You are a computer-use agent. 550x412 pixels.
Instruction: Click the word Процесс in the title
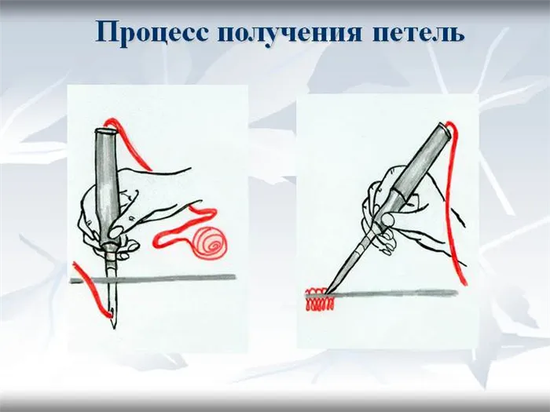click(x=152, y=33)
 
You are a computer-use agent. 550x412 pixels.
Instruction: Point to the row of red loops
click(x=320, y=300)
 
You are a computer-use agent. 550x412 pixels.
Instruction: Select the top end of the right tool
click(x=444, y=128)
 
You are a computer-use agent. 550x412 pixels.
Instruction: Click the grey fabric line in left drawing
click(x=153, y=278)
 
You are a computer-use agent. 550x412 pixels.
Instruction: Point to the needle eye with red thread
click(x=112, y=313)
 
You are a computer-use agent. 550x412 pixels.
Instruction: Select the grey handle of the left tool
click(x=107, y=186)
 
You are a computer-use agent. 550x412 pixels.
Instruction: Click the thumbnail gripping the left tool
click(x=115, y=231)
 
